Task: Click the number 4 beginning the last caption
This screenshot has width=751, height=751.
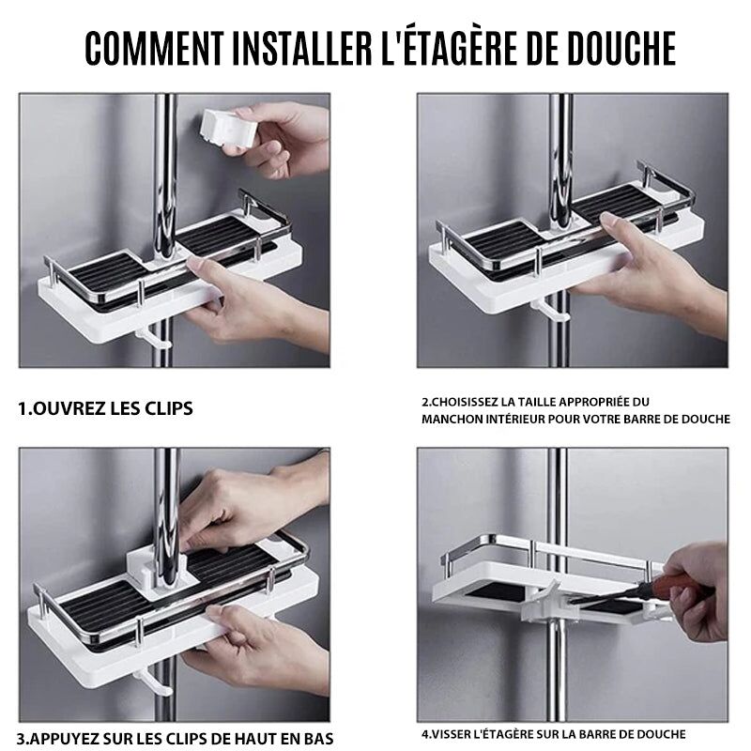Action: click(425, 734)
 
